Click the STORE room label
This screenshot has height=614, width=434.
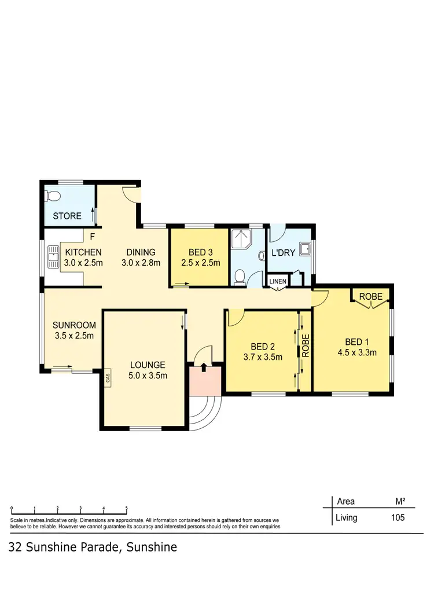click(x=67, y=216)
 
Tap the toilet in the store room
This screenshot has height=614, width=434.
click(x=53, y=196)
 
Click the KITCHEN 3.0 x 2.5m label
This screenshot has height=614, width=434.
click(x=83, y=258)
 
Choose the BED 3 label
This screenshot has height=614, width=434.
click(x=201, y=252)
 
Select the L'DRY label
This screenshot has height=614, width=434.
click(x=284, y=253)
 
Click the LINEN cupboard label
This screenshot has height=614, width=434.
click(x=277, y=281)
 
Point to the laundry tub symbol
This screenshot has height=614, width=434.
click(x=308, y=249)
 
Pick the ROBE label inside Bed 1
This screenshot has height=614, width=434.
click(x=370, y=296)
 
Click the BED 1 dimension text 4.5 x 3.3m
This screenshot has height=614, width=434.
click(x=357, y=352)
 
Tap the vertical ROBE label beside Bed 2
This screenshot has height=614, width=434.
click(x=306, y=345)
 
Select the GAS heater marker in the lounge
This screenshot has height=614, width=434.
click(x=107, y=379)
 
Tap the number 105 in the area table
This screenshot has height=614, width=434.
click(x=397, y=518)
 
